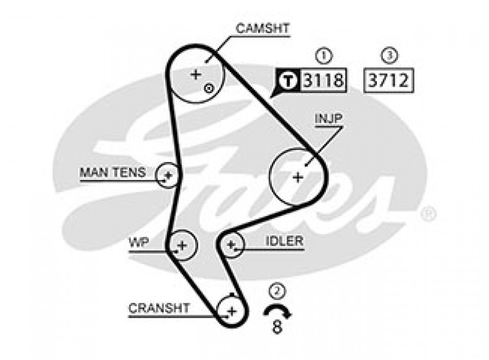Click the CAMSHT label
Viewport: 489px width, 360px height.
263,28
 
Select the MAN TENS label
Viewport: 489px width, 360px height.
112,172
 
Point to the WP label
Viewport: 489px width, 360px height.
139,242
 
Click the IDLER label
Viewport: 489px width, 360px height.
285,241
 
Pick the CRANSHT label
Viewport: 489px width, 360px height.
159,308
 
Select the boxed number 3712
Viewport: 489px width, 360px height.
389,80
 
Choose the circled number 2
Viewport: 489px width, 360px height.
278,292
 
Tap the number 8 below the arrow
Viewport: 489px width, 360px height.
278,327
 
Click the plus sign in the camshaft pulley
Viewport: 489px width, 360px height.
196,75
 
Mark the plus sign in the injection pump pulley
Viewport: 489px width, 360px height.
298,177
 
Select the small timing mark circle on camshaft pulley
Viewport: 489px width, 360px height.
208,88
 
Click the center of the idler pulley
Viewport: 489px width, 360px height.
231,244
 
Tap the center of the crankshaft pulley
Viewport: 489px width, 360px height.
231,311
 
